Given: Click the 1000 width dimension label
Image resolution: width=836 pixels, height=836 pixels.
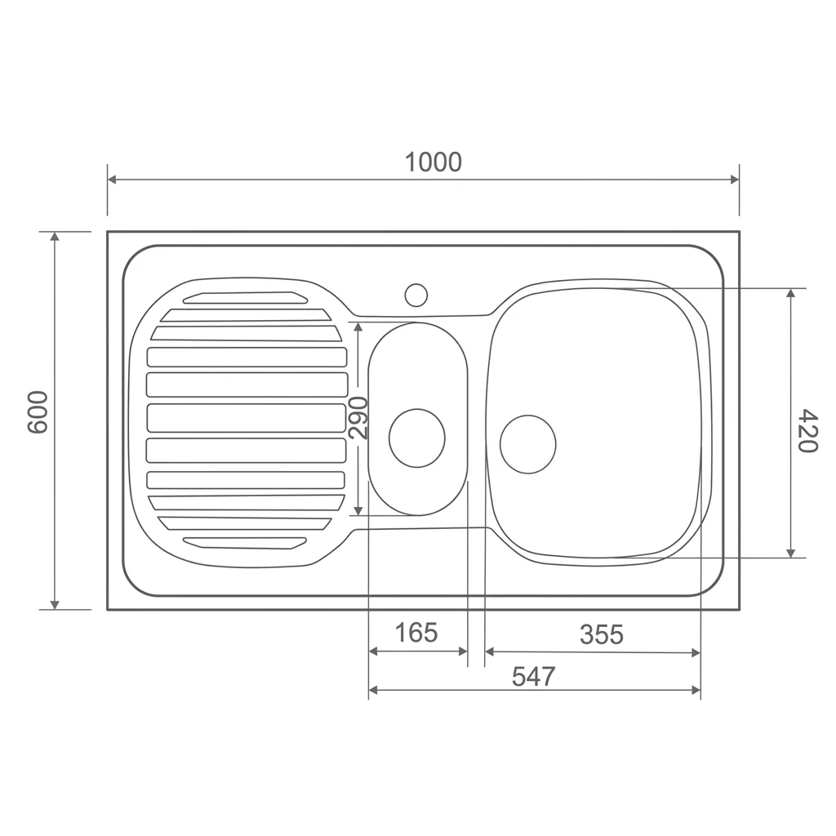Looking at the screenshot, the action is tap(433, 162).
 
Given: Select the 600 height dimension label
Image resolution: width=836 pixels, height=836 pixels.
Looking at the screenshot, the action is tap(38, 412).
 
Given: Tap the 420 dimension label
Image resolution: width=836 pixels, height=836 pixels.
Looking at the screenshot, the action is tap(807, 431).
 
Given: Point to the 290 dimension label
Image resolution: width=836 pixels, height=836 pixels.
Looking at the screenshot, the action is tap(358, 418).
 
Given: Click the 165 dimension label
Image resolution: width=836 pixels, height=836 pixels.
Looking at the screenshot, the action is tap(416, 633).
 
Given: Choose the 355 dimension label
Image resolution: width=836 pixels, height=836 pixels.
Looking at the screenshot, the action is tap(602, 634).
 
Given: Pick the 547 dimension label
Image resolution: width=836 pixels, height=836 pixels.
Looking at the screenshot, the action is tap(533, 677).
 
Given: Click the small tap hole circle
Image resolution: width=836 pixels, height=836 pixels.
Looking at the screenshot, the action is tap(416, 295).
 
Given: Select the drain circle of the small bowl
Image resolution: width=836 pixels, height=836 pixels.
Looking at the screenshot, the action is tap(417, 438).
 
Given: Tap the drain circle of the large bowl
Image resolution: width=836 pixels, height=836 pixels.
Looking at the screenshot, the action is tap(528, 444).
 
